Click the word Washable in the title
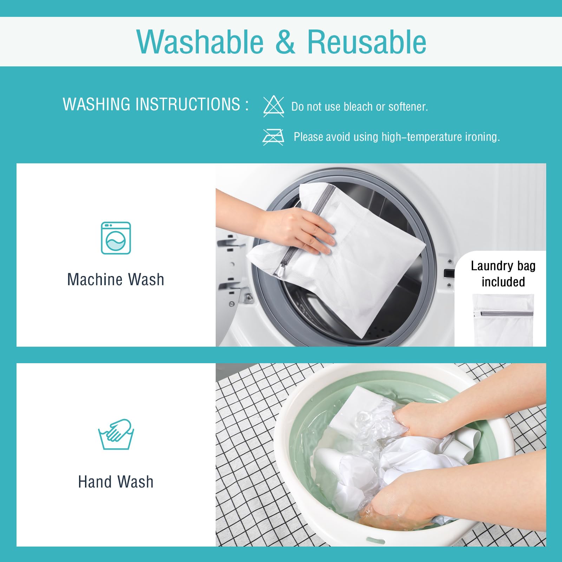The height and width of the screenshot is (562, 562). point(200,42)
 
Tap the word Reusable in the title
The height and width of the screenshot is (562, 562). point(367,42)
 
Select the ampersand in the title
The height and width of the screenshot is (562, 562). point(285,42)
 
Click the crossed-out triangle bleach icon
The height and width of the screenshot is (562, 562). point(274,106)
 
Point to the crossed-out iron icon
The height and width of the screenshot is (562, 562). point(273,137)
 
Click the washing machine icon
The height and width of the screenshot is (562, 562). point(116,238)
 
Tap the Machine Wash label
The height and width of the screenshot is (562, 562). point(116,280)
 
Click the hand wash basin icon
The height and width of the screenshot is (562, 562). point(116,434)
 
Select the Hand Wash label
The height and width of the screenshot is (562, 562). point(116,482)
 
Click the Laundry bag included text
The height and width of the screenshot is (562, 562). point(503,274)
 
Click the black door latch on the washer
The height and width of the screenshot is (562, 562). point(449,273)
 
